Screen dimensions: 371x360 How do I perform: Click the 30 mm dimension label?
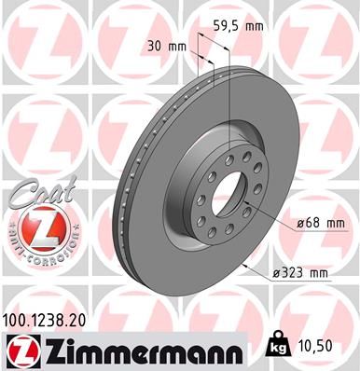[164, 46]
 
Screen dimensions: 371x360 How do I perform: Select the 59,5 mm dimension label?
[234, 27]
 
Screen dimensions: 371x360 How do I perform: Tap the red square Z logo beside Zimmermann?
[21, 350]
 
